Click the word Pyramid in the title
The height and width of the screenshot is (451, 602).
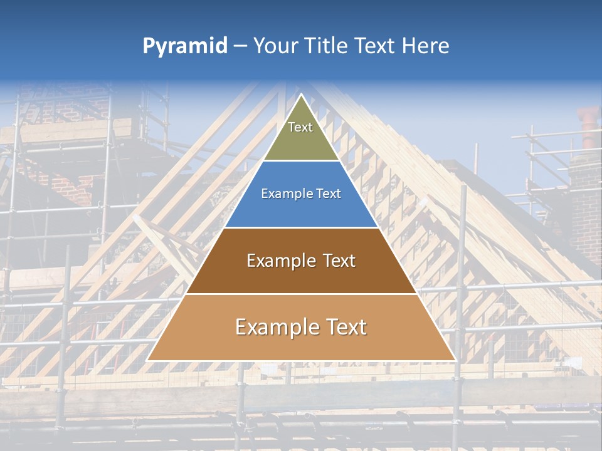(184, 46)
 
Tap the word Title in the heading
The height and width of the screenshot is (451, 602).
(329, 46)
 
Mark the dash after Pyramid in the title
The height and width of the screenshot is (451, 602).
(240, 46)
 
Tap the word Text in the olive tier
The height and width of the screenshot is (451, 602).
(300, 127)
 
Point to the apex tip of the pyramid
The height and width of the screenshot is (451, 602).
(301, 95)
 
